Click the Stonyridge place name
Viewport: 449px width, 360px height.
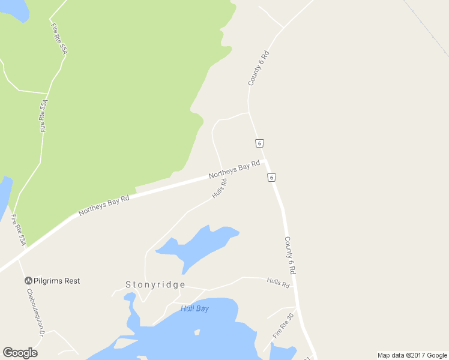(x=155, y=285)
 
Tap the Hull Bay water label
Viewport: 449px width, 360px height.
(x=194, y=308)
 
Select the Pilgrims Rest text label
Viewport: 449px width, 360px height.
(x=56, y=281)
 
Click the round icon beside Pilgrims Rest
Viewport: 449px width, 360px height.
(x=28, y=281)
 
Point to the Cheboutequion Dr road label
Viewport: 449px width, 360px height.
(x=35, y=313)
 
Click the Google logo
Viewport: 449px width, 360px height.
(x=20, y=353)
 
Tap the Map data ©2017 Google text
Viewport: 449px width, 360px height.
(x=412, y=355)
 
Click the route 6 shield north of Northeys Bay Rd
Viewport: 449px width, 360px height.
(x=259, y=143)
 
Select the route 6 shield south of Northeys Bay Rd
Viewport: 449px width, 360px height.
(x=272, y=178)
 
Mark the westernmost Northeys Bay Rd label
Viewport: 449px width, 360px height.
(x=103, y=205)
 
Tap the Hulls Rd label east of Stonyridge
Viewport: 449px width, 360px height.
(x=278, y=283)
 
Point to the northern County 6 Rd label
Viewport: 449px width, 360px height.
(x=259, y=67)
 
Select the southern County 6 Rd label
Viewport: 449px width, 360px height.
(x=291, y=255)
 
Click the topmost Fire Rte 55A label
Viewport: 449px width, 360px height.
(x=58, y=40)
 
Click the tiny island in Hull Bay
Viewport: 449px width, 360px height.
(x=197, y=332)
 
